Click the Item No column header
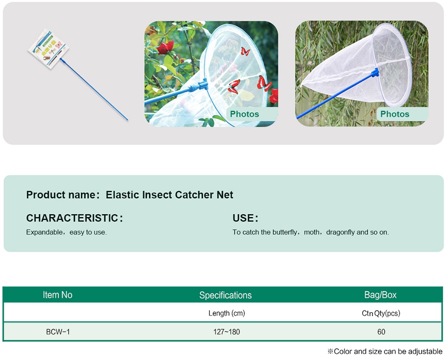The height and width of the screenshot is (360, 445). (58, 295)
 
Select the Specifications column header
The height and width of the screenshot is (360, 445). (225, 296)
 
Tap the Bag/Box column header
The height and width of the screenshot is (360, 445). (380, 295)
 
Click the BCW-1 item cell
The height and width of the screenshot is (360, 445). (58, 332)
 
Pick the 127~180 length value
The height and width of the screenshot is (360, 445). (227, 332)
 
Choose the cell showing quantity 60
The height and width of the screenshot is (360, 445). (381, 332)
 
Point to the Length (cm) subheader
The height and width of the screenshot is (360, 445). (227, 313)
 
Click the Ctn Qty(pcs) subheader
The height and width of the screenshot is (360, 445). (381, 313)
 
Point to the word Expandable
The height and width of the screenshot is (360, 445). (44, 232)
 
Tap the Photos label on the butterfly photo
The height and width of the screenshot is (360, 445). (244, 114)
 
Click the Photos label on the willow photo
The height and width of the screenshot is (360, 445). (395, 114)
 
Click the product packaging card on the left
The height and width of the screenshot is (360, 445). (48, 49)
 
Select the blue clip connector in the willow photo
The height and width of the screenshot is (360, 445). (375, 73)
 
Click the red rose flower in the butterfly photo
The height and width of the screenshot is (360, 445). (165, 47)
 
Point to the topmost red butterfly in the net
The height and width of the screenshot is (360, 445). (245, 52)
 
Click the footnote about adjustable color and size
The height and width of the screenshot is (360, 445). (385, 351)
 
